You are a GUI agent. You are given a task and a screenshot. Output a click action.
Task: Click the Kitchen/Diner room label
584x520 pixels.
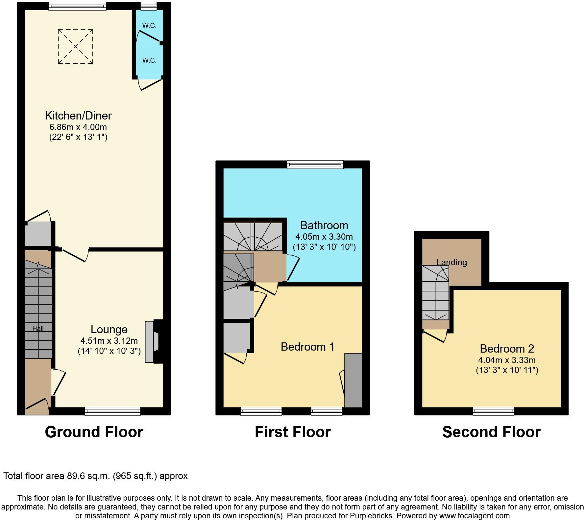[x=78, y=116]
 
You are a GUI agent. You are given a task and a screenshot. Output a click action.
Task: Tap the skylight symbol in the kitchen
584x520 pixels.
[x=76, y=47]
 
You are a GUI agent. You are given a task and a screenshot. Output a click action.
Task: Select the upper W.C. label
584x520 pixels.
[x=149, y=26]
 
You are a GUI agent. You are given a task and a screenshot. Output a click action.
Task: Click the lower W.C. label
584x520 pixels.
[x=149, y=60]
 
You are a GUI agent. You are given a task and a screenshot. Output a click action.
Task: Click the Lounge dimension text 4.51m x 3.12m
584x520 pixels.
[x=109, y=341]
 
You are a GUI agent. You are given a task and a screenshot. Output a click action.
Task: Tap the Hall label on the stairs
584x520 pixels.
[x=38, y=328]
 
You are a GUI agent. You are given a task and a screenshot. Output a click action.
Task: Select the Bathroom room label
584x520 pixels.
[x=324, y=225]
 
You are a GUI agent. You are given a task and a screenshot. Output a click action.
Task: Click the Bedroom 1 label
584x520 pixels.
[x=307, y=347]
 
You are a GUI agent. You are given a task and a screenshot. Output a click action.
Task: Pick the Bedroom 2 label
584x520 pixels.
[x=507, y=349]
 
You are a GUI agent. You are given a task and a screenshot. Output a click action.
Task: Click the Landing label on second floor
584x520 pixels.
[x=451, y=262]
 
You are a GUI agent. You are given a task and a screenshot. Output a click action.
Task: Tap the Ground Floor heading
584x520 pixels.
[x=94, y=432]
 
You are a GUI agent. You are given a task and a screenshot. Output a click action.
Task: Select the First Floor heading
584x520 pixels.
[x=293, y=432]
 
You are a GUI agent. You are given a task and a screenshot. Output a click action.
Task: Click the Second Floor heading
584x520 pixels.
[x=491, y=432]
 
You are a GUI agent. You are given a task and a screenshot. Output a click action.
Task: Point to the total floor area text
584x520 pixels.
[x=95, y=476]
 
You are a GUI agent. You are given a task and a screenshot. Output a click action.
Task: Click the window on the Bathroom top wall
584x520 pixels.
[x=315, y=164]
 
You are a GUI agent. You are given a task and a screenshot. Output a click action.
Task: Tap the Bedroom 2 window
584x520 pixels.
[x=493, y=411]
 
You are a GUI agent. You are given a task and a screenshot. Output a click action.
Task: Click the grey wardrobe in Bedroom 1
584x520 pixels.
[x=353, y=380]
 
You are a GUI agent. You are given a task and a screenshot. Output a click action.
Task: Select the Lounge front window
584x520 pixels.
[x=112, y=411]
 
